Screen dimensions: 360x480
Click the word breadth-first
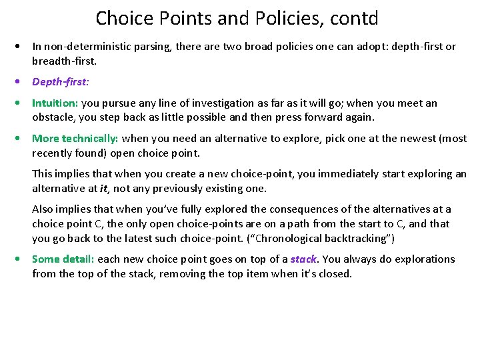tap(63, 61)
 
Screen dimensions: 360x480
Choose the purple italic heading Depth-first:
tap(61, 82)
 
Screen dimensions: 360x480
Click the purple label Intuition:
tap(55, 103)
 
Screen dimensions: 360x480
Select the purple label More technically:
tap(75, 139)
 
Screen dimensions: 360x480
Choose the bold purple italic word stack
tap(303, 259)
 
